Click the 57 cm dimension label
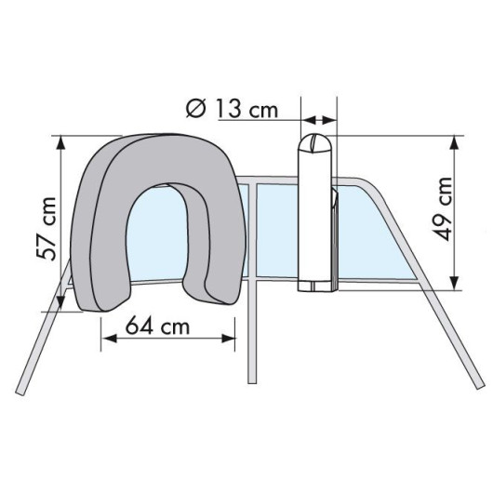coord(47,229)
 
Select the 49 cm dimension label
coord(442,209)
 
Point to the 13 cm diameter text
coord(246,109)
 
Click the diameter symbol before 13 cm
coord(196,108)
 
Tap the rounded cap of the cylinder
coord(315,143)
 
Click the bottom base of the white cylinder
coord(315,286)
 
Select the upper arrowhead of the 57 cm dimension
coord(61,143)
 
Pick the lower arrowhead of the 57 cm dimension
coord(61,304)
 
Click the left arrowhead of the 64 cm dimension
coord(109,339)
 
